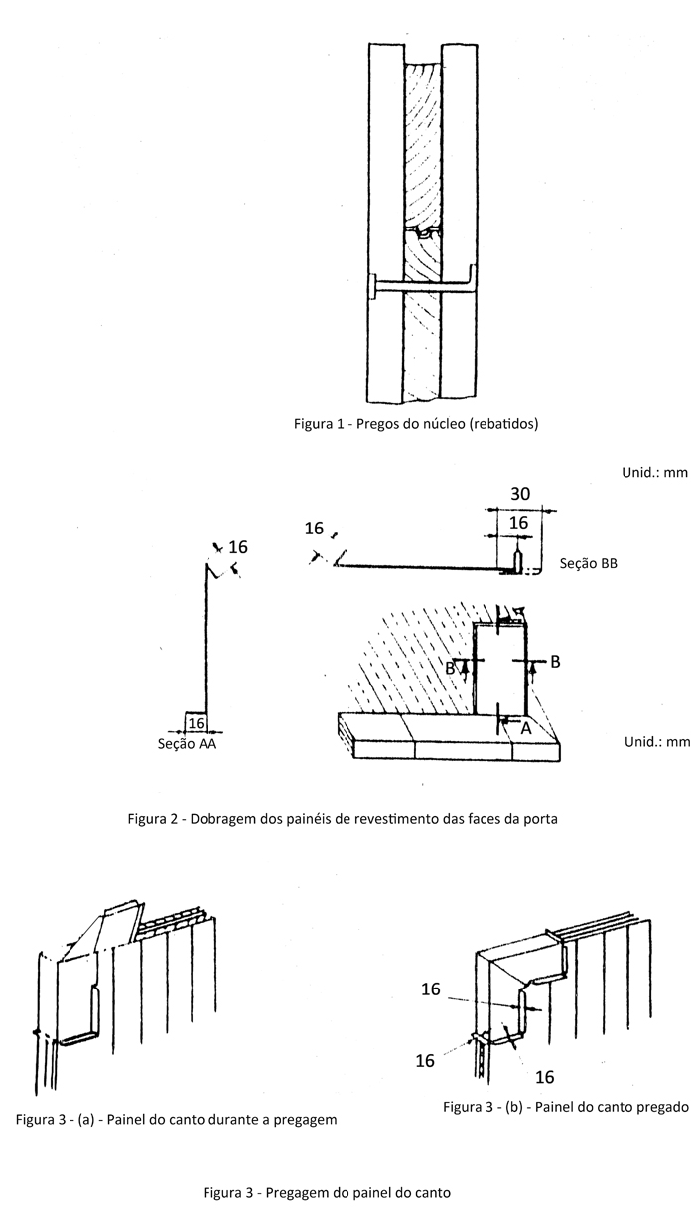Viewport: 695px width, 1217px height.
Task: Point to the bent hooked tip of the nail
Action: pos(472,275)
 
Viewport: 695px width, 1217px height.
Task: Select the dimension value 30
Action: pos(520,494)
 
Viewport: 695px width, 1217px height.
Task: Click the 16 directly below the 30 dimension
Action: pos(518,523)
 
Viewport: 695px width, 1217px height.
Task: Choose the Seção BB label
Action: pos(589,563)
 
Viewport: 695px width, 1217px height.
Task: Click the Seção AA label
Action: pos(187,744)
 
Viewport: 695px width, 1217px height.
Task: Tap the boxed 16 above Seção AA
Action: pos(196,723)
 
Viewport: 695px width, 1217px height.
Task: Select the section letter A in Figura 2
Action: pos(525,729)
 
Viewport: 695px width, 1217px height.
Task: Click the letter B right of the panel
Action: pos(555,662)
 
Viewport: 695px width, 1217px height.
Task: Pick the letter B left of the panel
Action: pos(450,668)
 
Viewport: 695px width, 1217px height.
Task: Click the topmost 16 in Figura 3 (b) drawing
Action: pos(431,989)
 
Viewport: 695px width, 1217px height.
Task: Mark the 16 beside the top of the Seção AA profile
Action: pos(238,547)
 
